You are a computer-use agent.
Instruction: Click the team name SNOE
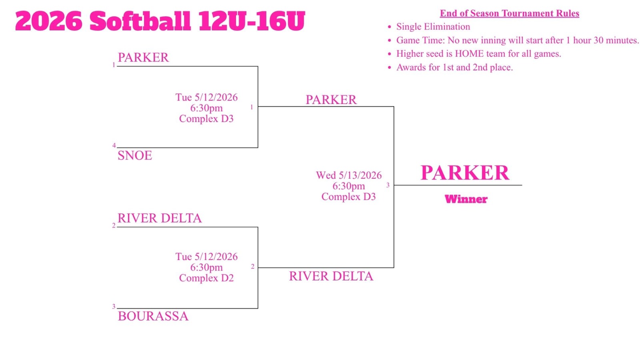click(134, 156)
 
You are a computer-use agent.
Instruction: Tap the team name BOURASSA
click(153, 316)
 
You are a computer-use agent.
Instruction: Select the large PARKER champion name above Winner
click(464, 173)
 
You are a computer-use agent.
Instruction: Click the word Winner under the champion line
click(466, 199)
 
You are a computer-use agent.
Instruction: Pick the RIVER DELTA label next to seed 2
click(160, 218)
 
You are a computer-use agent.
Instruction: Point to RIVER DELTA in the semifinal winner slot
click(331, 276)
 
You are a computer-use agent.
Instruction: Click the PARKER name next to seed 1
click(143, 58)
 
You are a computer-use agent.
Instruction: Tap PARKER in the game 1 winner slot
click(331, 100)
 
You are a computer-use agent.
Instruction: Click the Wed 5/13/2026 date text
click(348, 176)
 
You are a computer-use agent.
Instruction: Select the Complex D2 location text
click(206, 278)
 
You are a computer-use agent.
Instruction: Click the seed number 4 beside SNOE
click(114, 146)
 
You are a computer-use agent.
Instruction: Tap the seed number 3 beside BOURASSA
click(114, 306)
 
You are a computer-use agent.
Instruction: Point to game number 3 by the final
click(388, 185)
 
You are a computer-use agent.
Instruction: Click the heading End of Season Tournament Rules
click(510, 14)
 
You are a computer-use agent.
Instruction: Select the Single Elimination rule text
click(433, 27)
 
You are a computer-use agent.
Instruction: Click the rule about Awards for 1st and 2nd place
click(454, 68)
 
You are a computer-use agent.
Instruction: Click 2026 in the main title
click(49, 21)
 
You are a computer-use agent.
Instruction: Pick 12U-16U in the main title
click(252, 21)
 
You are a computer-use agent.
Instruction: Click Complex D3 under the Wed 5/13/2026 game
click(348, 197)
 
